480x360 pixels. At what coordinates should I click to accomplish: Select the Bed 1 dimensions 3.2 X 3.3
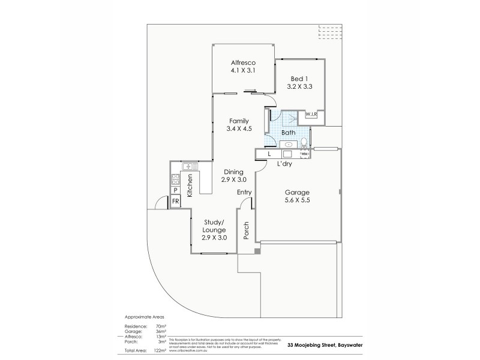pyautogui.click(x=301, y=86)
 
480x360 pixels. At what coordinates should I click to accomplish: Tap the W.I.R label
pyautogui.click(x=311, y=114)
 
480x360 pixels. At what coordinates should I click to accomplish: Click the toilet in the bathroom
pyautogui.click(x=305, y=143)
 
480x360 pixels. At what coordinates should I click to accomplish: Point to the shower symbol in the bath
pyautogui.click(x=290, y=119)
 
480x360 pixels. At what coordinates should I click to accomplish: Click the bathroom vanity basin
pyautogui.click(x=289, y=144)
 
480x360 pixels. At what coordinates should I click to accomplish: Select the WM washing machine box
pyautogui.click(x=305, y=154)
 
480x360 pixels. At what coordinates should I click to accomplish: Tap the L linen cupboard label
pyautogui.click(x=261, y=155)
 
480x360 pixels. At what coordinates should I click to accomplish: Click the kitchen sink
pyautogui.click(x=188, y=166)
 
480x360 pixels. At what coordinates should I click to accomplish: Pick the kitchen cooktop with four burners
pyautogui.click(x=176, y=178)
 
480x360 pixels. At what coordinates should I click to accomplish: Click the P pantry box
pyautogui.click(x=176, y=190)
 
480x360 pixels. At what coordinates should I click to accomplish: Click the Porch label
pyautogui.click(x=246, y=230)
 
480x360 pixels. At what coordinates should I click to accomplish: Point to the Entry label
pyautogui.click(x=244, y=191)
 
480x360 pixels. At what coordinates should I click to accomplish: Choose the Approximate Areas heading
pyautogui.click(x=143, y=316)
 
